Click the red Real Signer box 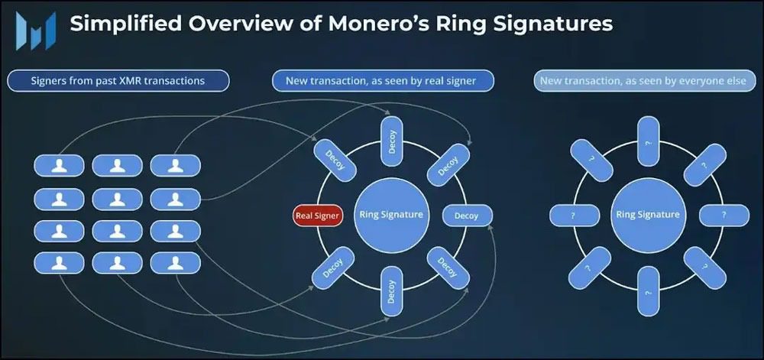pos(318,216)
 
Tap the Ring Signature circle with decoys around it pos(390,215)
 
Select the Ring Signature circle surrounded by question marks pos(648,215)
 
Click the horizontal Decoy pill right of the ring pos(468,216)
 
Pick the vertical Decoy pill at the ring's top pos(390,141)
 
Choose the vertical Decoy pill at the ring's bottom pos(390,291)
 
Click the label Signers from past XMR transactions pos(118,81)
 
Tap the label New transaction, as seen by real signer pos(383,81)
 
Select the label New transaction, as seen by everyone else pos(645,81)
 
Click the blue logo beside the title pos(36,31)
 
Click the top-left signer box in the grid pos(59,166)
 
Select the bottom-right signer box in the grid pos(176,264)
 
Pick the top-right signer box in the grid pos(176,166)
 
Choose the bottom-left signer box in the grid pos(59,264)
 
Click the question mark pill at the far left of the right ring pos(575,216)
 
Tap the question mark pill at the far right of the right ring pos(724,216)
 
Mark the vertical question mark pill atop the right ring pos(648,141)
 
